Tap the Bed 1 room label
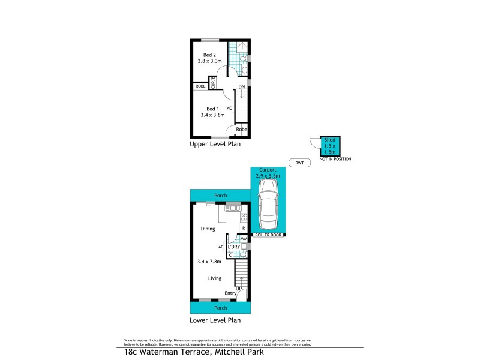click(x=212, y=109)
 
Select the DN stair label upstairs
click(x=241, y=88)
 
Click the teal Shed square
click(x=330, y=145)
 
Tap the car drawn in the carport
click(x=268, y=203)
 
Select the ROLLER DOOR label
click(x=268, y=235)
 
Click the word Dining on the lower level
click(x=208, y=229)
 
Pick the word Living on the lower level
click(x=215, y=278)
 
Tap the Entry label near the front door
click(x=230, y=293)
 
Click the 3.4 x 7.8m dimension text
click(x=209, y=262)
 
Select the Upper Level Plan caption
click(x=214, y=145)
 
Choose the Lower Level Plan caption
click(x=215, y=320)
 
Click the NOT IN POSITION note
click(x=335, y=159)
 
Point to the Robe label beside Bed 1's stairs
click(x=241, y=129)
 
